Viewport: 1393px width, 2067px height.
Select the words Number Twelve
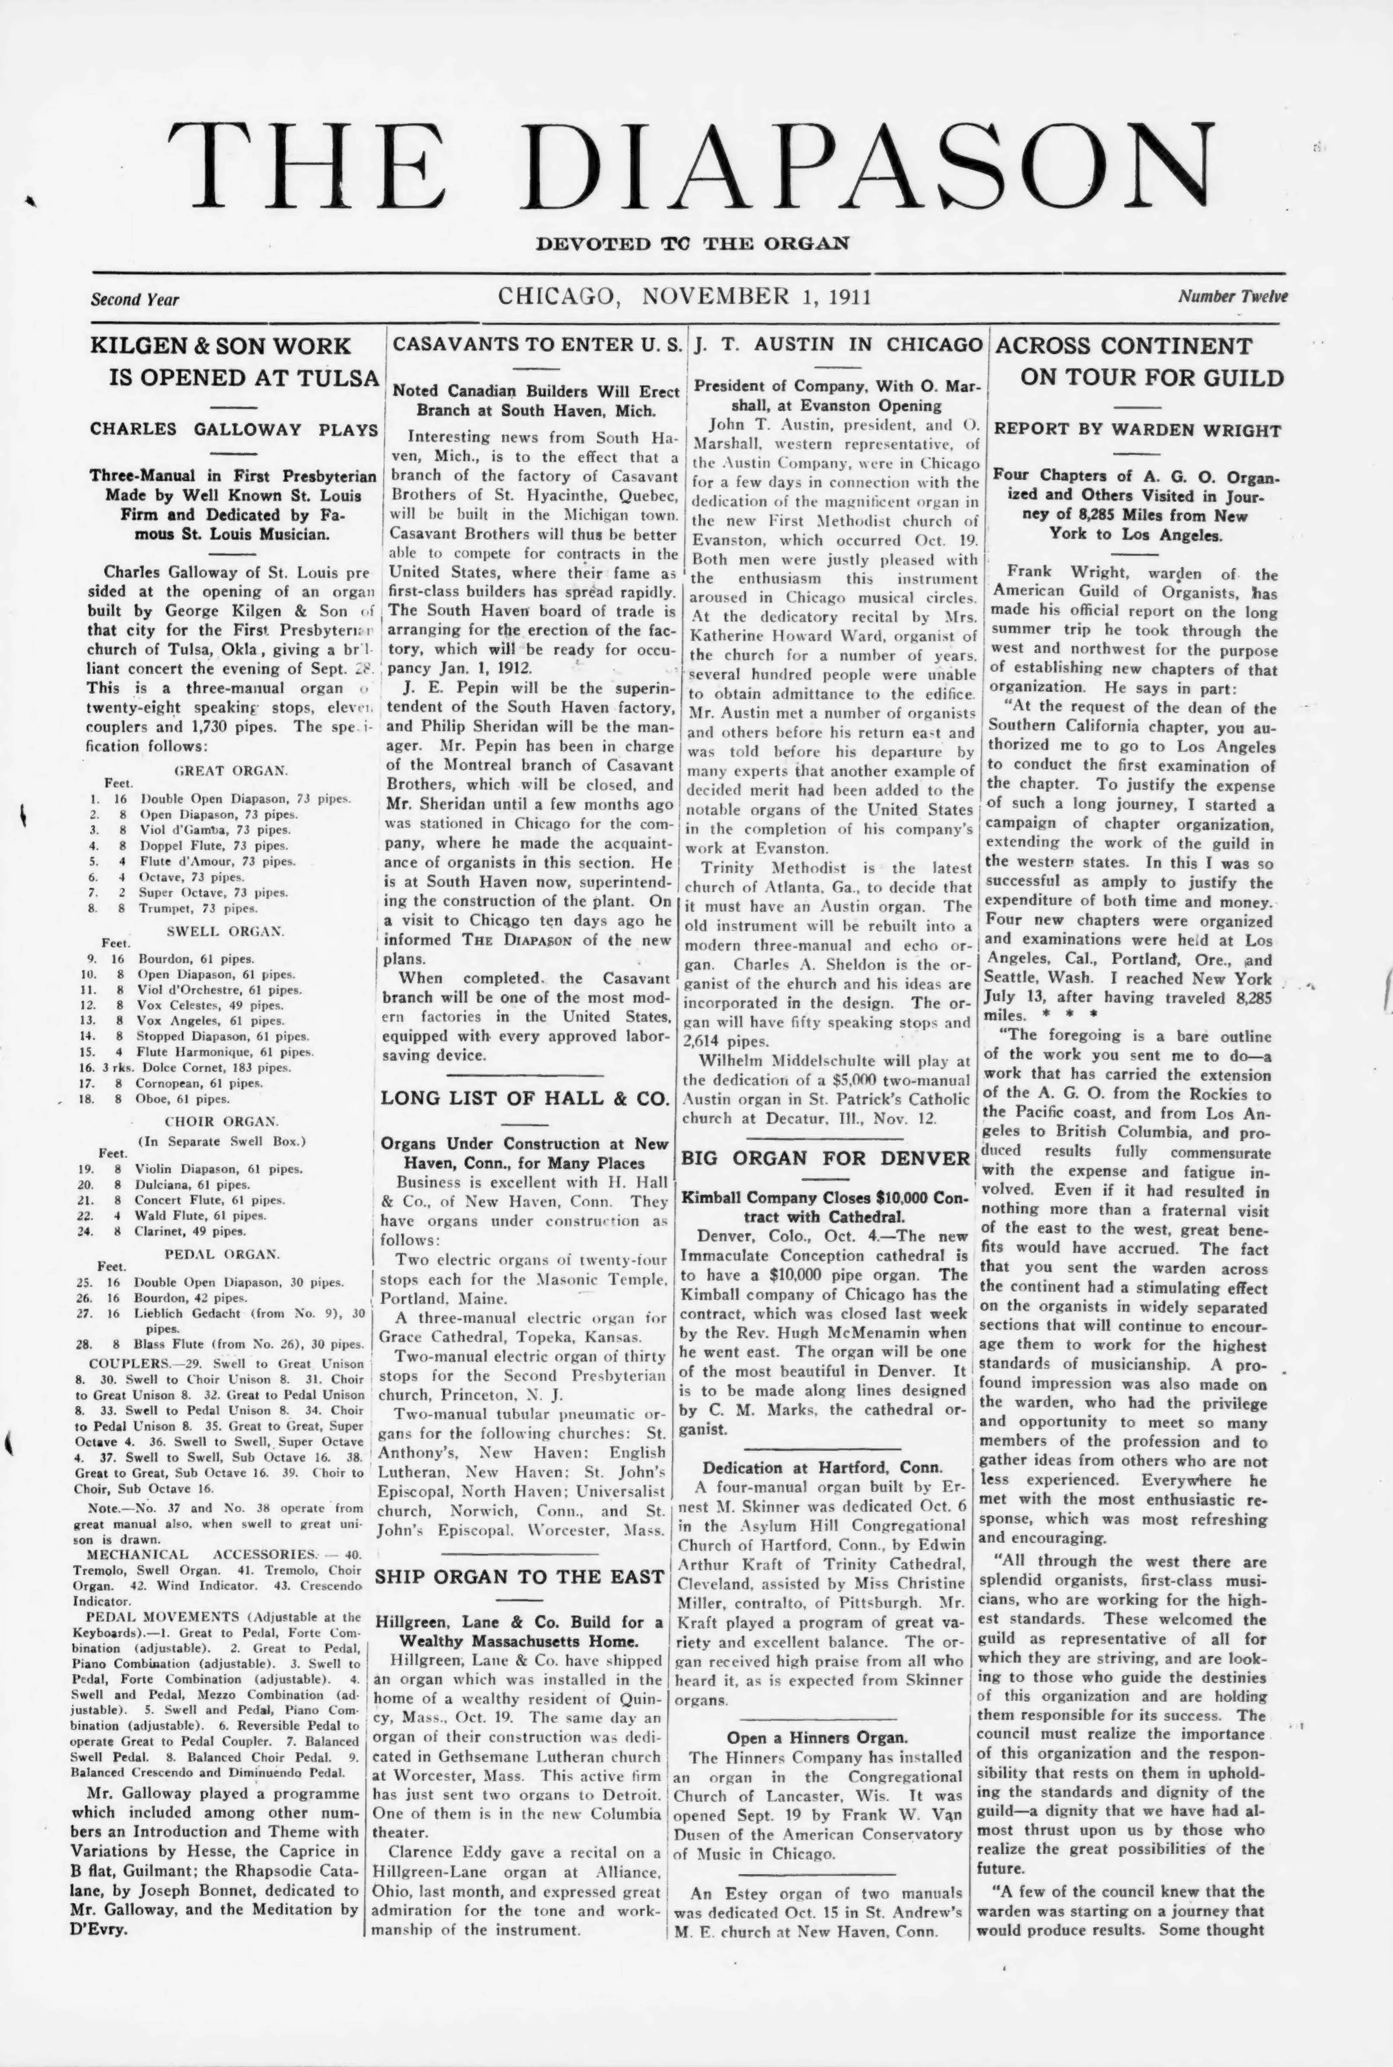pos(1232,297)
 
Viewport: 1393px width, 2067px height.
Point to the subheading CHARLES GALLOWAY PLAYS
pos(234,429)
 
